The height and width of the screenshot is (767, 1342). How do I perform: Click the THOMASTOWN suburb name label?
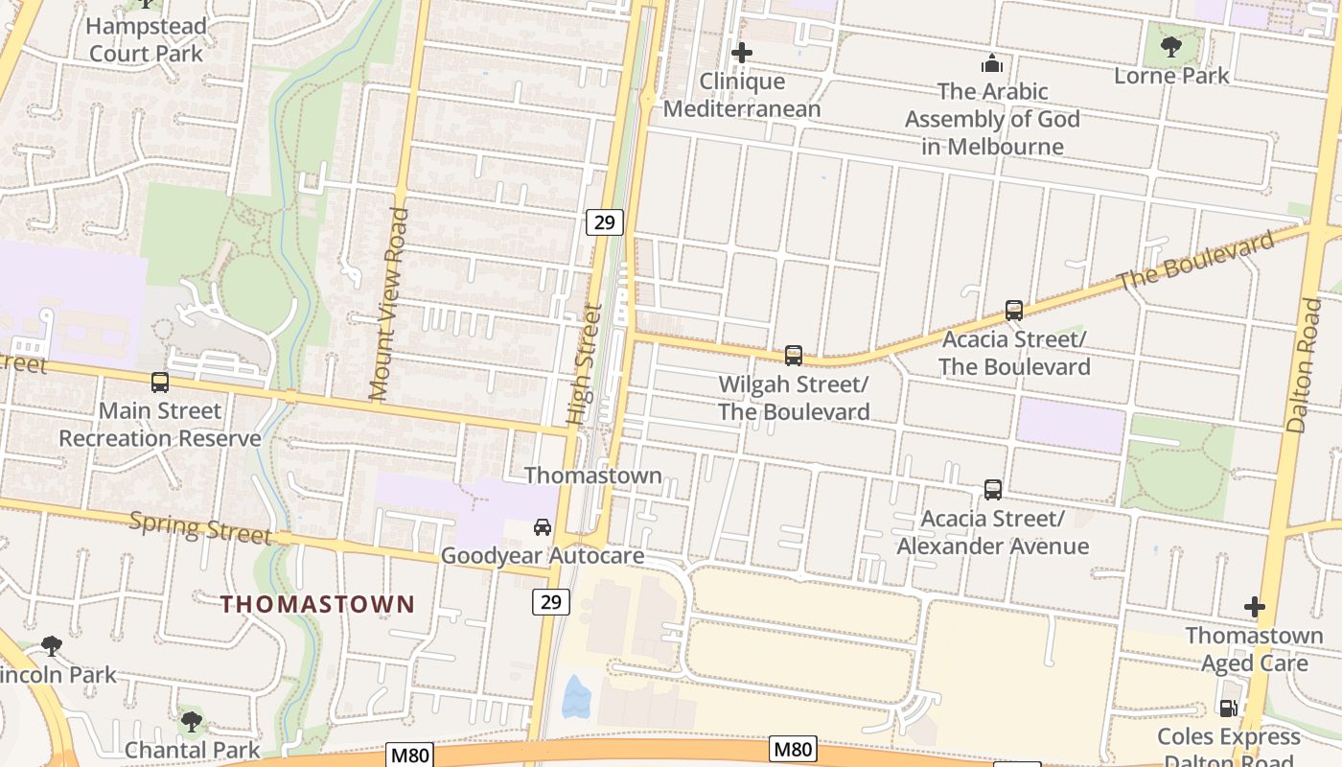point(317,604)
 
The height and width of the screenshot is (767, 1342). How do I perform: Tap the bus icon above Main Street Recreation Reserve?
point(160,383)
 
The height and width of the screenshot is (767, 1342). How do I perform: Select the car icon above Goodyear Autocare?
point(543,527)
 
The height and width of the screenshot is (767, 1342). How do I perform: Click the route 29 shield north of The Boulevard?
point(605,222)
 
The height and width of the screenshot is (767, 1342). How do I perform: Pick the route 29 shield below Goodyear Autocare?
point(550,602)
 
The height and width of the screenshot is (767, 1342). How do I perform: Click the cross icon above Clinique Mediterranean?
point(742,53)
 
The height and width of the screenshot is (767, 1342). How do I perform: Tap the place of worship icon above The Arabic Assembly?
point(992,64)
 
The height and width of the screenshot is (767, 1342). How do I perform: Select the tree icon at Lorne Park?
point(1170,46)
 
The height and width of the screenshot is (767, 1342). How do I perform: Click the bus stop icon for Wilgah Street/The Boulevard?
point(794,356)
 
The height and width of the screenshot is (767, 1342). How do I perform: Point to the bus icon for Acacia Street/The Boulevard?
point(1014,311)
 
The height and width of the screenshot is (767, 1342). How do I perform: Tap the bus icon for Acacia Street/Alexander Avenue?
point(993,490)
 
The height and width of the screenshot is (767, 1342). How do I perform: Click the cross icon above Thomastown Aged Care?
point(1254,607)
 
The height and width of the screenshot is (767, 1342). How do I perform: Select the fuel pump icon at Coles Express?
point(1228,709)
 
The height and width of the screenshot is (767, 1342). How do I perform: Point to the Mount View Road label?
point(387,304)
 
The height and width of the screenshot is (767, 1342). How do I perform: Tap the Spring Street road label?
point(199,527)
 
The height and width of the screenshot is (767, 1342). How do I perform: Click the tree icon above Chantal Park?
point(192,721)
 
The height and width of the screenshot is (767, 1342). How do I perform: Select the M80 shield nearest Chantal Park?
point(410,755)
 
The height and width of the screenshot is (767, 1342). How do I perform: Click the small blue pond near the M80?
point(575,697)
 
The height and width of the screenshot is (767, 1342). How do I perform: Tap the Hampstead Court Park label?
point(146,39)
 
